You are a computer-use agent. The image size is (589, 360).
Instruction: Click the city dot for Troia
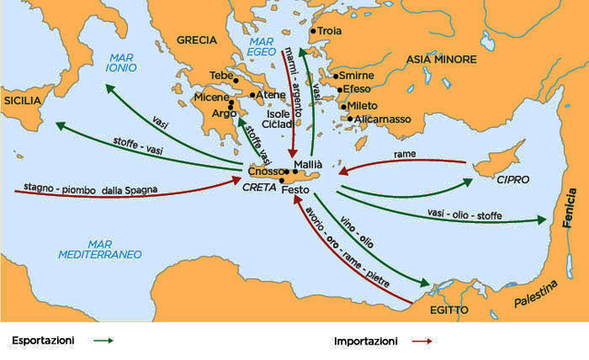[313, 31]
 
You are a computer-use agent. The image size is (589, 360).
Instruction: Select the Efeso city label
[359, 90]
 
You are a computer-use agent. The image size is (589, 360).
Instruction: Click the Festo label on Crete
[295, 190]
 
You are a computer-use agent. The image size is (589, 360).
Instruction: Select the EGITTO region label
[448, 309]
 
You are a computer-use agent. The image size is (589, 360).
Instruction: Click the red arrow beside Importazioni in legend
[422, 341]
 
